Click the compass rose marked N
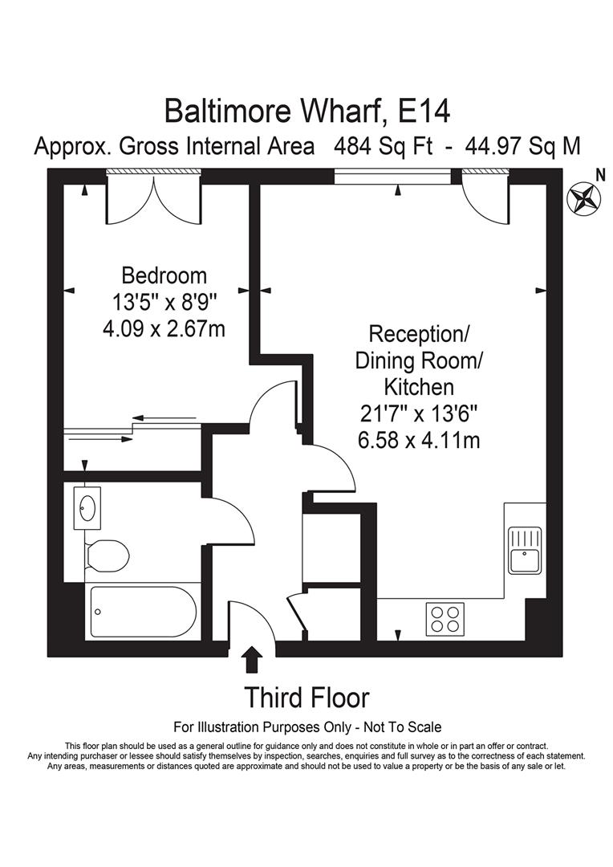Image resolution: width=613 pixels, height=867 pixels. click(583, 196)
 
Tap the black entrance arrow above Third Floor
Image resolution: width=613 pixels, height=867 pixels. click(252, 659)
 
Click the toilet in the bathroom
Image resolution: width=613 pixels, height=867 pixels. click(108, 555)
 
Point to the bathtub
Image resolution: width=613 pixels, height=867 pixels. click(142, 612)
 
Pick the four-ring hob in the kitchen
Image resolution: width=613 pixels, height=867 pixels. click(444, 618)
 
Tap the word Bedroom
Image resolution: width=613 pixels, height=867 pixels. click(164, 276)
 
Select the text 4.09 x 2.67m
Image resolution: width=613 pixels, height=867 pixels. click(164, 329)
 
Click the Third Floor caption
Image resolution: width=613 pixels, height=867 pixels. click(306, 697)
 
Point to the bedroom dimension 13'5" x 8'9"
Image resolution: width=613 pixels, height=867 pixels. click(164, 303)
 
